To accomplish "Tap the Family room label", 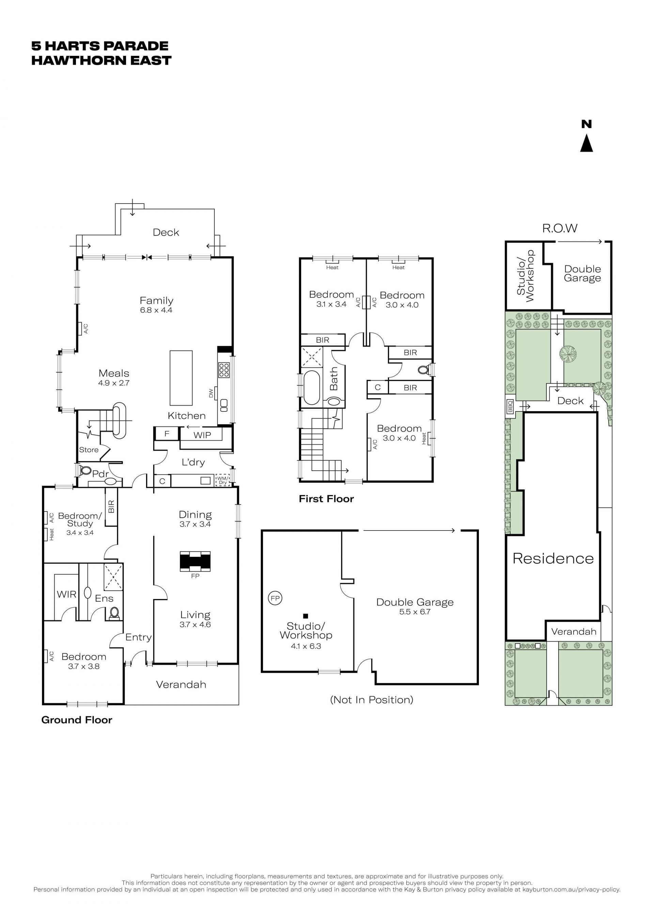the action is tap(156, 301).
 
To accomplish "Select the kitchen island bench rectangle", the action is tap(181, 378).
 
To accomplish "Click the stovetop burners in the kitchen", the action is tap(224, 370).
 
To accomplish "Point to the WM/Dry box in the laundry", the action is tap(223, 480).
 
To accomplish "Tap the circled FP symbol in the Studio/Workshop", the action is tap(275, 598).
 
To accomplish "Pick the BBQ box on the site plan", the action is tap(510, 406).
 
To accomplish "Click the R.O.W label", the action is tap(560, 229).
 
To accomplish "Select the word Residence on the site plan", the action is tap(553, 558).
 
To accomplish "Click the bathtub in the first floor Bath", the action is tap(311, 388).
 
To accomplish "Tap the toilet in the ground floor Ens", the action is tap(114, 613).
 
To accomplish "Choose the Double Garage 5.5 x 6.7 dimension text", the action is tap(415, 612).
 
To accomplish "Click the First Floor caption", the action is tap(326, 499).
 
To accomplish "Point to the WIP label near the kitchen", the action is tap(202, 435).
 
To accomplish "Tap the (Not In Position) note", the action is tap(371, 700).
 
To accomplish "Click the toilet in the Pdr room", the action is tap(85, 470).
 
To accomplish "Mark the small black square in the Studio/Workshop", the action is tap(306, 616).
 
